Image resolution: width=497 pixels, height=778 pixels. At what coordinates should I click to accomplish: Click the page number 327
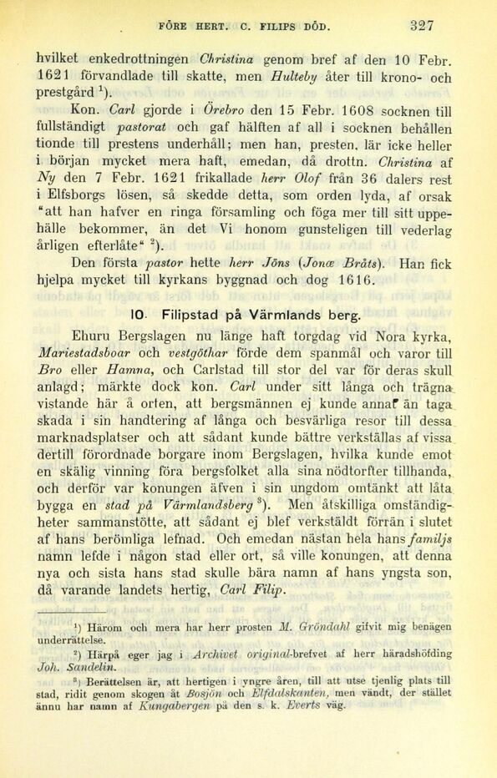(422, 25)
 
